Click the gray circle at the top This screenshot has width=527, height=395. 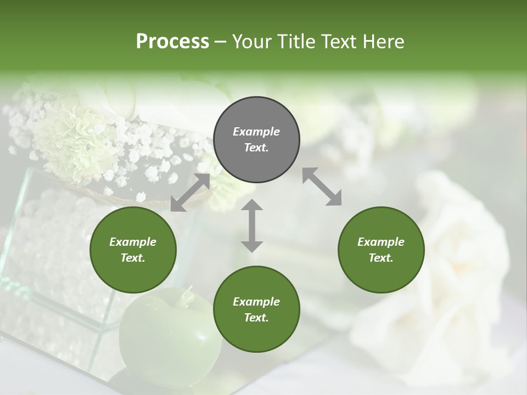click(256, 140)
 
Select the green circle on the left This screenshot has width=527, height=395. click(133, 250)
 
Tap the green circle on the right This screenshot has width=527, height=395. click(381, 250)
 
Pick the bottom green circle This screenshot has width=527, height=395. click(256, 309)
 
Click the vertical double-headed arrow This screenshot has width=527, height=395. click(252, 225)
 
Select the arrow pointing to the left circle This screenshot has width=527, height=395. click(190, 193)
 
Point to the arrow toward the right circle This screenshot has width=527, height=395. click(322, 187)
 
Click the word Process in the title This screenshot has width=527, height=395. click(172, 41)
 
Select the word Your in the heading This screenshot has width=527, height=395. click(252, 41)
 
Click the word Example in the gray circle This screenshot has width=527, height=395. click(256, 132)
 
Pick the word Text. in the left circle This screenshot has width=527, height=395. click(133, 258)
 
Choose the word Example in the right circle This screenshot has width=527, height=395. click(381, 242)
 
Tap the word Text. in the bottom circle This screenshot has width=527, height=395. click(256, 318)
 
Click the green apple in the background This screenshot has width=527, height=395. click(165, 335)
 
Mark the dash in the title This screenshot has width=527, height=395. click(221, 42)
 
